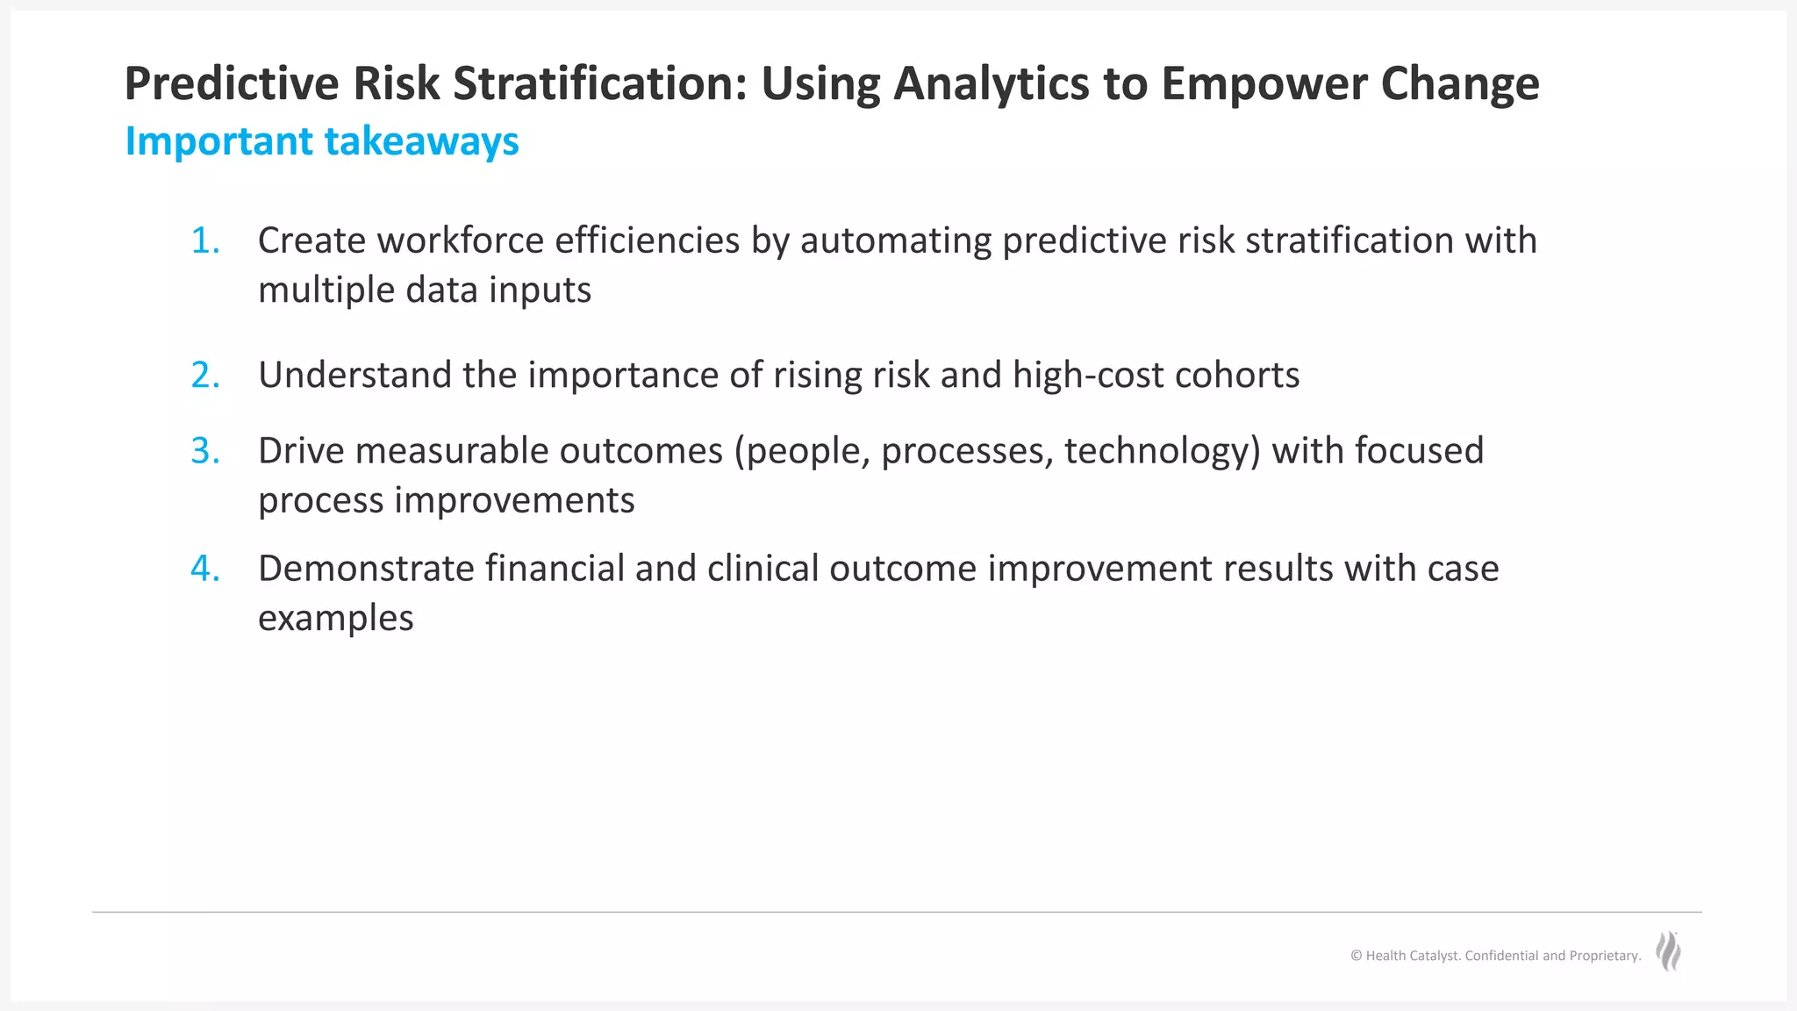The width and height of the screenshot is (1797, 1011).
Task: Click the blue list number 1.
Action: pyautogui.click(x=204, y=240)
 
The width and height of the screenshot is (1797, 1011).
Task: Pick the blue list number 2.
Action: pyautogui.click(x=204, y=376)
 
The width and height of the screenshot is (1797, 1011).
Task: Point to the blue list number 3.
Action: pyautogui.click(x=204, y=451)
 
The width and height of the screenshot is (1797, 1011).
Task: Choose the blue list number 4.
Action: pyautogui.click(x=204, y=569)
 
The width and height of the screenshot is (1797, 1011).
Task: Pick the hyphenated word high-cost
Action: pyautogui.click(x=1088, y=376)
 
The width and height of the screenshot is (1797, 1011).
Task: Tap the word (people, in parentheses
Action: pyautogui.click(x=802, y=452)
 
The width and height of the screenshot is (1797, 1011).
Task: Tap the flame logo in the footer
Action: pyautogui.click(x=1668, y=951)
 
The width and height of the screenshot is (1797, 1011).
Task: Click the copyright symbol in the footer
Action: pyautogui.click(x=1356, y=956)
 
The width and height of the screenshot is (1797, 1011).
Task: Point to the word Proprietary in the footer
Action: pyautogui.click(x=1603, y=956)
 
